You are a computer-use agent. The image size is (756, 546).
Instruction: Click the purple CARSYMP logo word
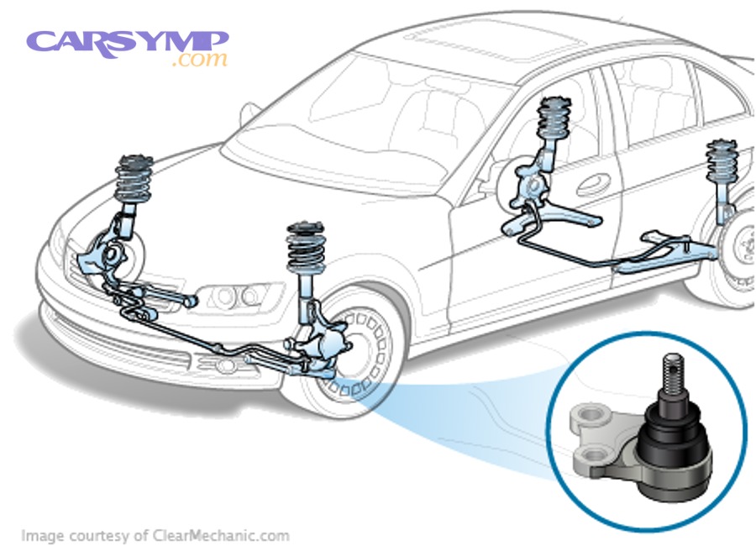click(126, 42)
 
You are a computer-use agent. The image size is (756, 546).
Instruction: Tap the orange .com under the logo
click(199, 60)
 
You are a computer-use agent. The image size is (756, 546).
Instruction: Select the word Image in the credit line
click(39, 535)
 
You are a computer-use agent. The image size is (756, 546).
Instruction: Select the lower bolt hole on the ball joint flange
click(595, 458)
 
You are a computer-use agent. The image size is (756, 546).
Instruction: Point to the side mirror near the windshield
click(249, 113)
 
